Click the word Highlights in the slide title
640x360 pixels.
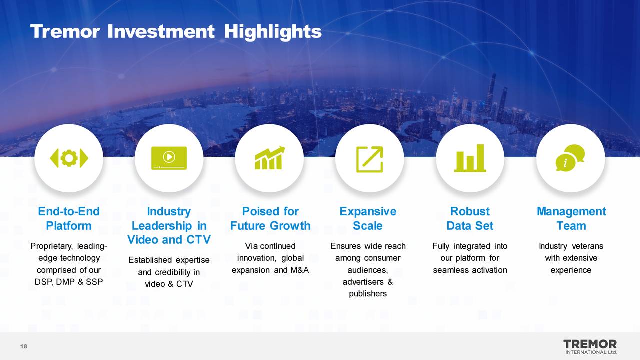273,32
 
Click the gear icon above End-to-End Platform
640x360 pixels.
69,158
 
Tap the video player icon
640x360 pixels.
169,158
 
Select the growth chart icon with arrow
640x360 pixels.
270,158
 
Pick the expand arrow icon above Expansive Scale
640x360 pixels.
369,159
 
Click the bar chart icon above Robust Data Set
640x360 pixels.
470,158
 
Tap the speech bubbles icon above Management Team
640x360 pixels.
570,158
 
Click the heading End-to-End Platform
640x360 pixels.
69,219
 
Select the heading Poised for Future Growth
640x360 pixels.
270,219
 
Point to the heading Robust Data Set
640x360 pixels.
470,219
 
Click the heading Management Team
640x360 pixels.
571,219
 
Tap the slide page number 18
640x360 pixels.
23,346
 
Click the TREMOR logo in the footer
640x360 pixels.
590,347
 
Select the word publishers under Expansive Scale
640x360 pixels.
368,294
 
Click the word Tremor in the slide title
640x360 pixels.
65,32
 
